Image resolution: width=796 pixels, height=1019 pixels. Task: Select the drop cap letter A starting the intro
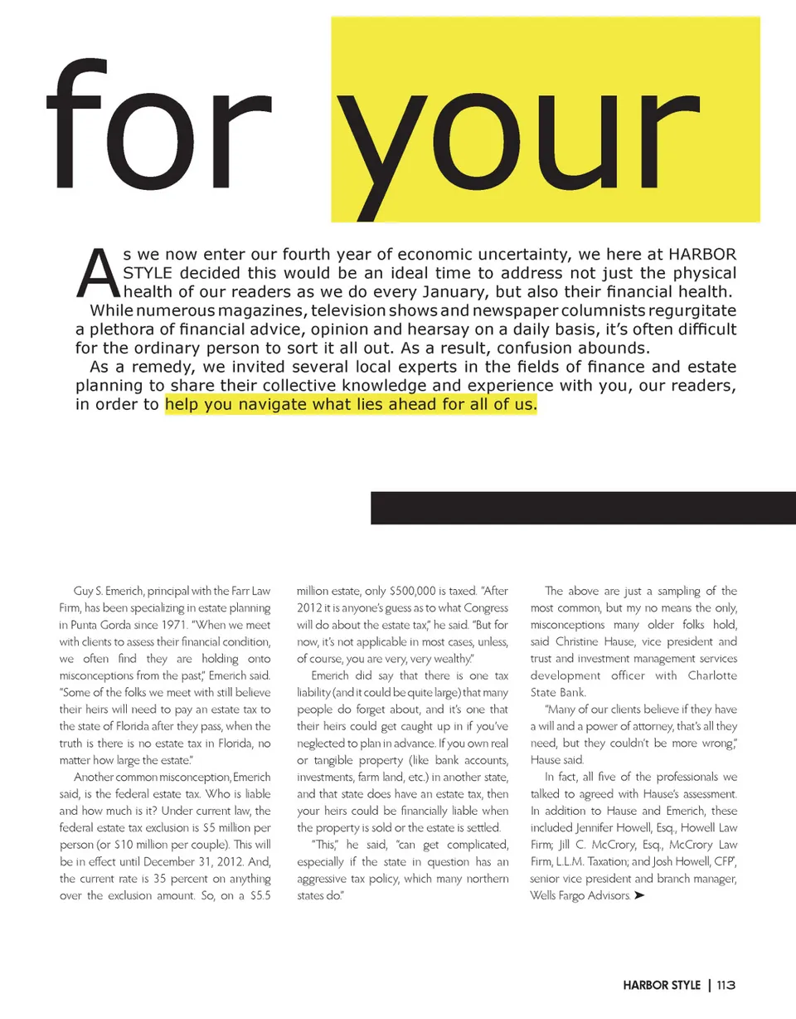pyautogui.click(x=99, y=273)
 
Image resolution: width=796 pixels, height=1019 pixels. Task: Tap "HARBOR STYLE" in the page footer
pyautogui.click(x=663, y=986)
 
